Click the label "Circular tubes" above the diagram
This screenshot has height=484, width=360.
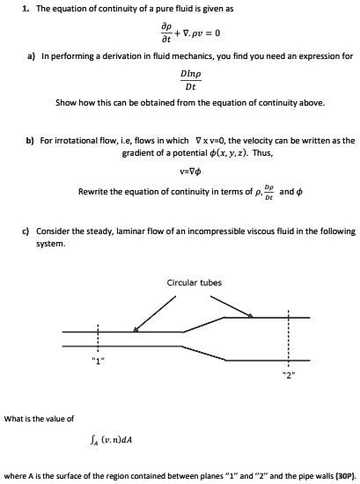(194, 282)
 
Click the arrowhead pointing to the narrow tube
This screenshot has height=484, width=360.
(135, 330)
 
